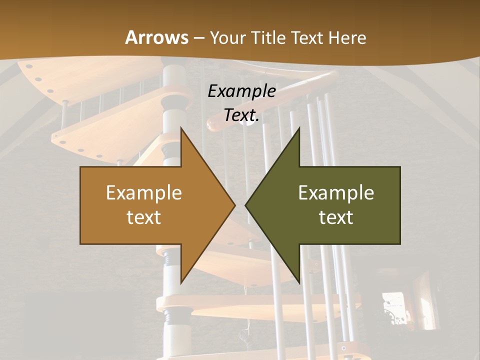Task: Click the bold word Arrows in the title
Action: [x=156, y=37]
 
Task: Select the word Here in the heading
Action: [x=347, y=38]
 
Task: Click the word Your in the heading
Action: [x=227, y=38]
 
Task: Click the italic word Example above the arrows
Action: [x=241, y=91]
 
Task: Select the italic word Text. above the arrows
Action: [x=241, y=115]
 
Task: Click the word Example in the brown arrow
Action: [x=144, y=192]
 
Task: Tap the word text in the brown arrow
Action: [x=144, y=217]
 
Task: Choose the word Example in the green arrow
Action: [x=336, y=192]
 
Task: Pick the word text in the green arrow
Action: [x=336, y=217]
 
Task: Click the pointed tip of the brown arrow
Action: [x=235, y=205]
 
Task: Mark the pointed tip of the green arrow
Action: [x=245, y=205]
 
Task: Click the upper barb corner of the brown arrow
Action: [x=181, y=128]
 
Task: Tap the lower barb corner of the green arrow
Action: [x=299, y=282]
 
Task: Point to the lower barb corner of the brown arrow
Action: [x=181, y=282]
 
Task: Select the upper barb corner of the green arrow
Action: [x=299, y=128]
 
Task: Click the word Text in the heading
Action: [x=308, y=38]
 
